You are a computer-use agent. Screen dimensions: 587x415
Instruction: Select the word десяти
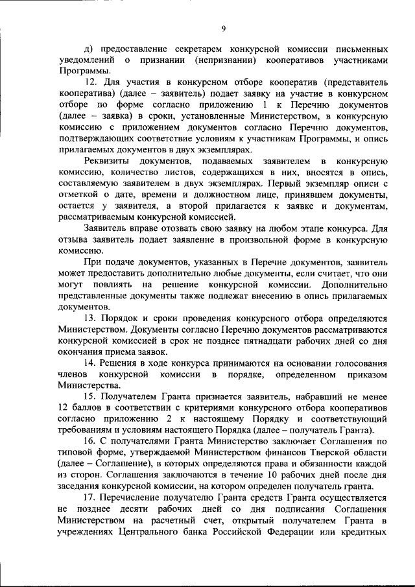click(112, 511)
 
